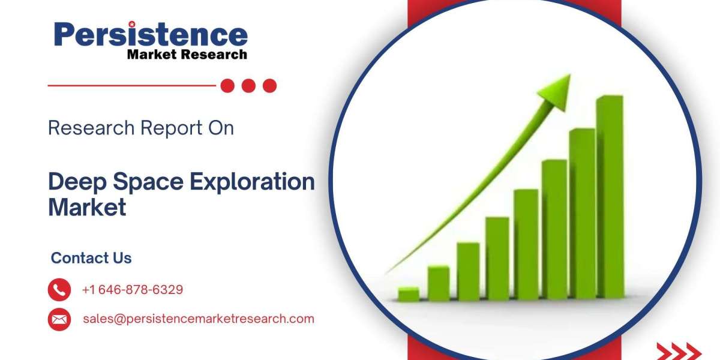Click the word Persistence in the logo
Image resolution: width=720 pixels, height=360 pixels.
(x=151, y=34)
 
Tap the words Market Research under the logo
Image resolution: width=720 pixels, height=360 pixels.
(x=187, y=55)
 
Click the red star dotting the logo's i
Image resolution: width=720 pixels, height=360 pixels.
(x=132, y=24)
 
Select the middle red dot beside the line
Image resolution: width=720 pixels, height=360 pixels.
(x=248, y=86)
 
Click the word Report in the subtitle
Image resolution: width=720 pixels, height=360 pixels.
(x=172, y=128)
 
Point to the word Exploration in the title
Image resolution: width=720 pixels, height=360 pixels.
(x=252, y=182)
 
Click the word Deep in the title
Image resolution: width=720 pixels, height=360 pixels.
(x=77, y=182)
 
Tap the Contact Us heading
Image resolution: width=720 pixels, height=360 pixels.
(x=91, y=258)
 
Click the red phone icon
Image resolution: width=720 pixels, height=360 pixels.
(x=59, y=290)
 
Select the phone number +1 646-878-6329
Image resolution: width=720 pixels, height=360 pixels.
(x=133, y=290)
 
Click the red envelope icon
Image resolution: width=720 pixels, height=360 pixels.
(x=59, y=319)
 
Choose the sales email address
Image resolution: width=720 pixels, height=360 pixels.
(x=199, y=319)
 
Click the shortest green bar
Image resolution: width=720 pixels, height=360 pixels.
(x=409, y=295)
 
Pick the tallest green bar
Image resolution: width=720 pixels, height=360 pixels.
(x=610, y=197)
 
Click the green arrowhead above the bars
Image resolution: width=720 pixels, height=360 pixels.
(x=556, y=92)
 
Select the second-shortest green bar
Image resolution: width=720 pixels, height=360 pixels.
(x=439, y=283)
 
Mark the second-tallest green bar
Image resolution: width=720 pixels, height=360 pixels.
(x=583, y=214)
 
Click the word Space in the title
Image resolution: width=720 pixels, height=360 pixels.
(x=148, y=182)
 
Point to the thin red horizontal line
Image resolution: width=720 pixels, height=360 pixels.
(x=132, y=85)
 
